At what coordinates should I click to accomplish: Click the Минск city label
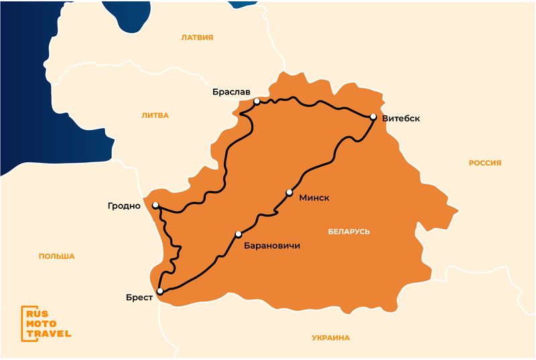pyautogui.click(x=315, y=197)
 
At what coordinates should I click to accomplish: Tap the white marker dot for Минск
pyautogui.click(x=289, y=192)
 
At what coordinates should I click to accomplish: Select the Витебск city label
pyautogui.click(x=401, y=119)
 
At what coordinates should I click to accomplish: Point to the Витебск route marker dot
pyautogui.click(x=373, y=117)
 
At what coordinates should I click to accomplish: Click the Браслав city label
pyautogui.click(x=231, y=91)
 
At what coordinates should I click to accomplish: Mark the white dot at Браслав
pyautogui.click(x=257, y=101)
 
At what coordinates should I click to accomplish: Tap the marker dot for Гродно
pyautogui.click(x=155, y=205)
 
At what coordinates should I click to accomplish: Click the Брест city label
pyautogui.click(x=139, y=296)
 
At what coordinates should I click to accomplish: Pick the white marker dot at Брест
pyautogui.click(x=159, y=290)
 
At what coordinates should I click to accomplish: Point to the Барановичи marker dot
pyautogui.click(x=238, y=234)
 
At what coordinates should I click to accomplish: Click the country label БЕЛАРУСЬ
pyautogui.click(x=349, y=231)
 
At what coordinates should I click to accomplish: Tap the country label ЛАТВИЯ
pyautogui.click(x=197, y=38)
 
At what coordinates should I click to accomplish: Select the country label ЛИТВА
pyautogui.click(x=155, y=115)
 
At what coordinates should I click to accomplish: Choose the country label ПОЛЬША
pyautogui.click(x=57, y=256)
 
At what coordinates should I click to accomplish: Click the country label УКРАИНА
pyautogui.click(x=330, y=338)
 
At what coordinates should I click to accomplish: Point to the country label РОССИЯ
pyautogui.click(x=485, y=163)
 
